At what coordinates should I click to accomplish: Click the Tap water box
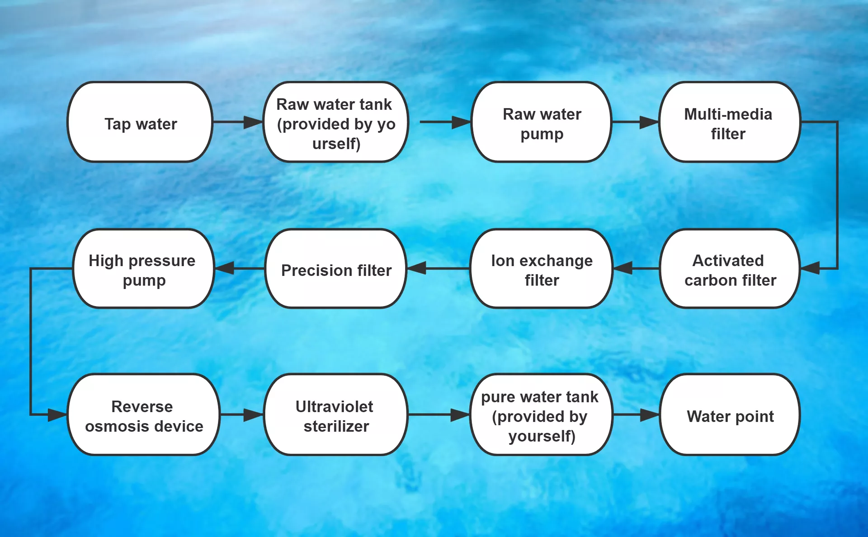(140, 122)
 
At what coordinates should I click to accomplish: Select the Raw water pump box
(542, 122)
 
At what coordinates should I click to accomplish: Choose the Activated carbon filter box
(730, 269)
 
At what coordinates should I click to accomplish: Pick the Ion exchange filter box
(542, 269)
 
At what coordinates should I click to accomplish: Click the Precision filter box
(336, 269)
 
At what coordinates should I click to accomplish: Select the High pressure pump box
(143, 269)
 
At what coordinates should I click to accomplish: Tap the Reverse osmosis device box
(144, 415)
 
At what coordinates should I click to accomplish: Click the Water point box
(730, 415)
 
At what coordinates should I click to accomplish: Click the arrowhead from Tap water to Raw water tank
(253, 122)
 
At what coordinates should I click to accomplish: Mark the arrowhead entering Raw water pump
(461, 122)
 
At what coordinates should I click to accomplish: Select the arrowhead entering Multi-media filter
(649, 122)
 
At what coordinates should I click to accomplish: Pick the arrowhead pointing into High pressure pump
(225, 268)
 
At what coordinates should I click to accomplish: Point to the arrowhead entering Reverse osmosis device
(57, 415)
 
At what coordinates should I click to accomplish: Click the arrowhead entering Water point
(650, 415)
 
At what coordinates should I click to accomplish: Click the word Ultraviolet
(334, 406)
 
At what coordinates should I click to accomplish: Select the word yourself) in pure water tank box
(542, 436)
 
